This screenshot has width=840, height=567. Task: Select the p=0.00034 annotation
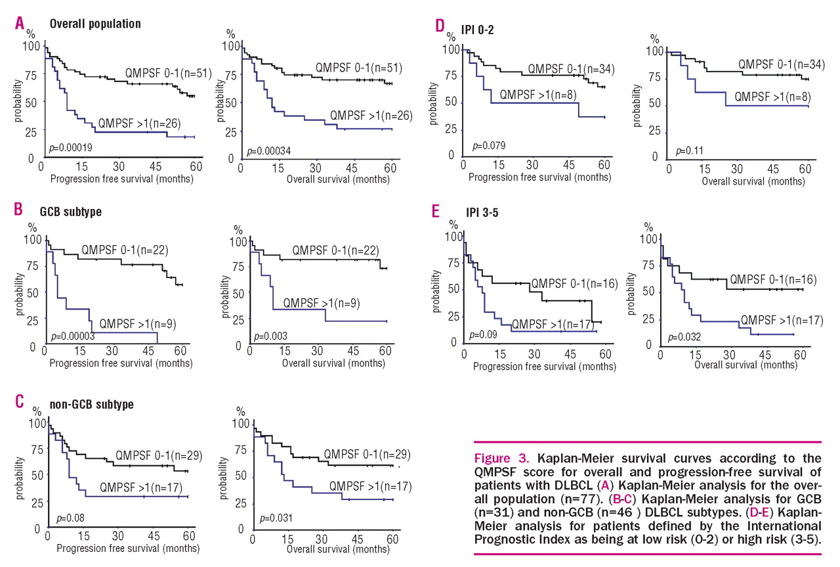tap(268, 151)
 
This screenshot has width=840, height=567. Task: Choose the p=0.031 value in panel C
tap(277, 518)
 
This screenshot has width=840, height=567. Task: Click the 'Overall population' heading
tap(95, 24)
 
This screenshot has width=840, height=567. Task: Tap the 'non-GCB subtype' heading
tap(92, 404)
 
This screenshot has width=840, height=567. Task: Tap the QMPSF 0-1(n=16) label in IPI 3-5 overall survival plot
tap(773, 279)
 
